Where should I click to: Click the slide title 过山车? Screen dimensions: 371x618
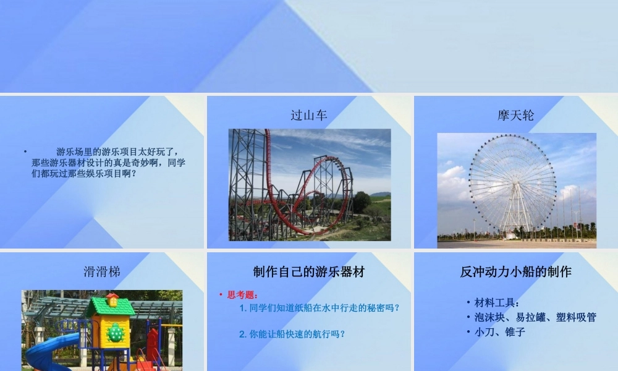click(x=308, y=115)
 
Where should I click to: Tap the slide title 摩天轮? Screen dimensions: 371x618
click(x=515, y=115)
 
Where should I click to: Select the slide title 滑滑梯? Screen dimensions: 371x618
click(x=102, y=271)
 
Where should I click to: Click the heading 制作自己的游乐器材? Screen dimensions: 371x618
click(x=308, y=271)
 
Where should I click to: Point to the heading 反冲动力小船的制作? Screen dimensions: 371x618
click(x=515, y=271)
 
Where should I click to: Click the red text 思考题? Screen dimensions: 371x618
click(x=243, y=295)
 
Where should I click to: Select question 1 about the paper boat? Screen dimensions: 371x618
click(x=319, y=307)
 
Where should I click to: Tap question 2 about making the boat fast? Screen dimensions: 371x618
click(x=292, y=334)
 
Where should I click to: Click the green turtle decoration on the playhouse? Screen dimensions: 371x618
click(x=115, y=333)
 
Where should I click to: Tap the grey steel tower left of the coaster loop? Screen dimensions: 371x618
click(x=247, y=185)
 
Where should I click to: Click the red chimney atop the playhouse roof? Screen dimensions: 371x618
click(x=112, y=299)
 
